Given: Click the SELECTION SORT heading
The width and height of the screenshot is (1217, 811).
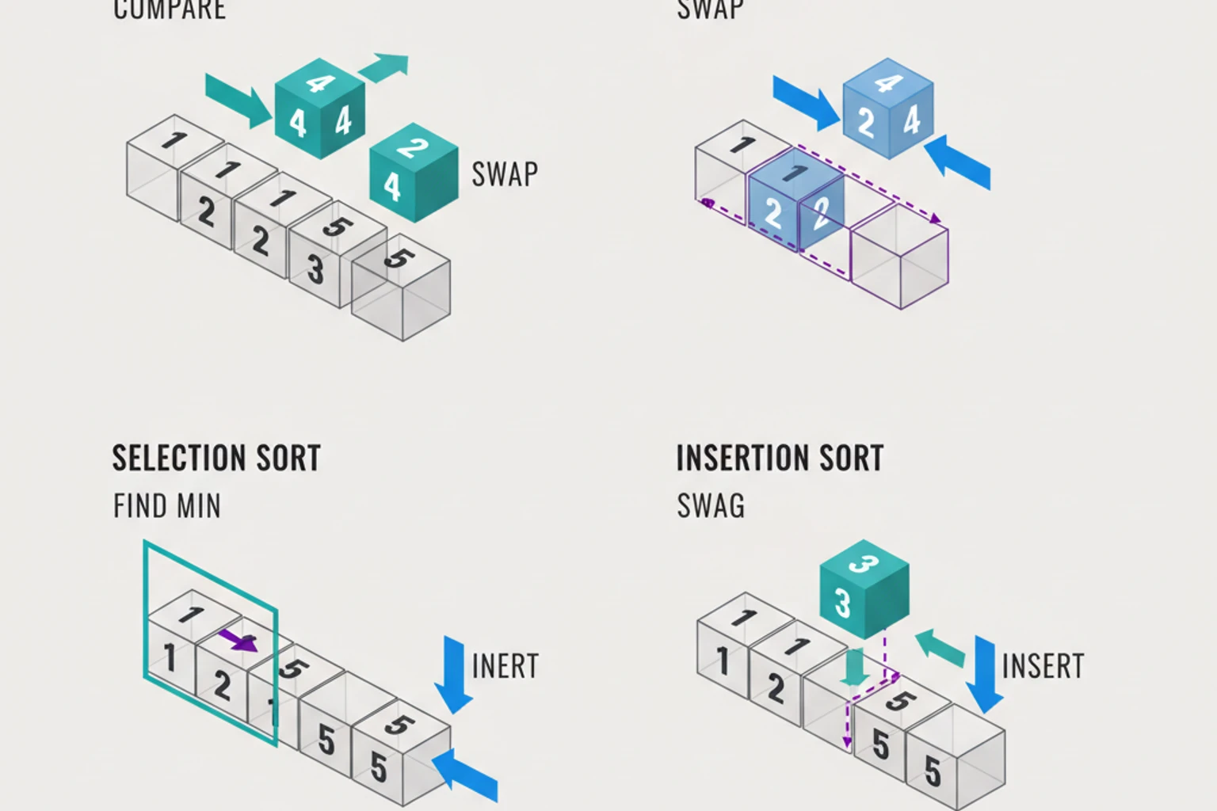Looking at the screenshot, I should point(216,459).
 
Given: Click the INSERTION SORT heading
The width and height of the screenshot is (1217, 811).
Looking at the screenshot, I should point(780,459).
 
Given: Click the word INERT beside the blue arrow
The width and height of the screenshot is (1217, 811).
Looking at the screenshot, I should point(505,667).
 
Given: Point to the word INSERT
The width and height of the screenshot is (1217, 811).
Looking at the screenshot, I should point(1043,667).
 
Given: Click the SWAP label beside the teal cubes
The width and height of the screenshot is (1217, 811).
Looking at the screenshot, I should point(505,174).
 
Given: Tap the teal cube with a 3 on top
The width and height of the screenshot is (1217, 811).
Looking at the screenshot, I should point(864,590).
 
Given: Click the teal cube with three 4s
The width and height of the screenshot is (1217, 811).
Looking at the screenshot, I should point(319,108).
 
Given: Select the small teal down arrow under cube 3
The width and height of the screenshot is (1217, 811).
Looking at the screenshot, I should point(854,668).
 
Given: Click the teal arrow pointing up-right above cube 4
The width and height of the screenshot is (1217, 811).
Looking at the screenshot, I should point(384,67).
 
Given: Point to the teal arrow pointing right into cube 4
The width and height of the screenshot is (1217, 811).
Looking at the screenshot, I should point(238,99).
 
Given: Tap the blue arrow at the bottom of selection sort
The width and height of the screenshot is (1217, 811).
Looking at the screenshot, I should point(467,775).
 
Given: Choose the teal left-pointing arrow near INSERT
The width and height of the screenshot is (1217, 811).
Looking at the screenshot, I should point(940,647).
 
